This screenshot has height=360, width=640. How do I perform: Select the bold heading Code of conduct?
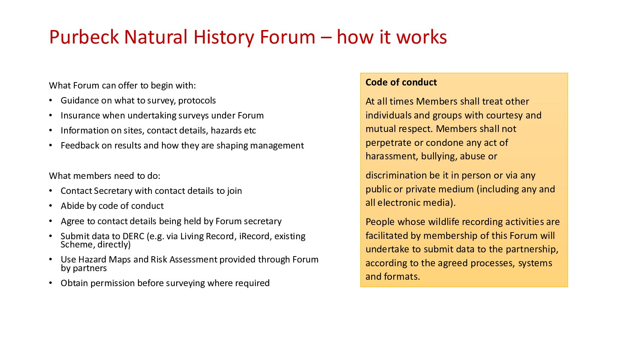click(401, 82)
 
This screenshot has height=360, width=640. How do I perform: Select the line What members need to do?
click(105, 176)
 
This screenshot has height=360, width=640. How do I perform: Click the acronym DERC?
click(133, 236)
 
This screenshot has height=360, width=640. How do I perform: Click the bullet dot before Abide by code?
click(51, 206)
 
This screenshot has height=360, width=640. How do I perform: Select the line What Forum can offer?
click(122, 85)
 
